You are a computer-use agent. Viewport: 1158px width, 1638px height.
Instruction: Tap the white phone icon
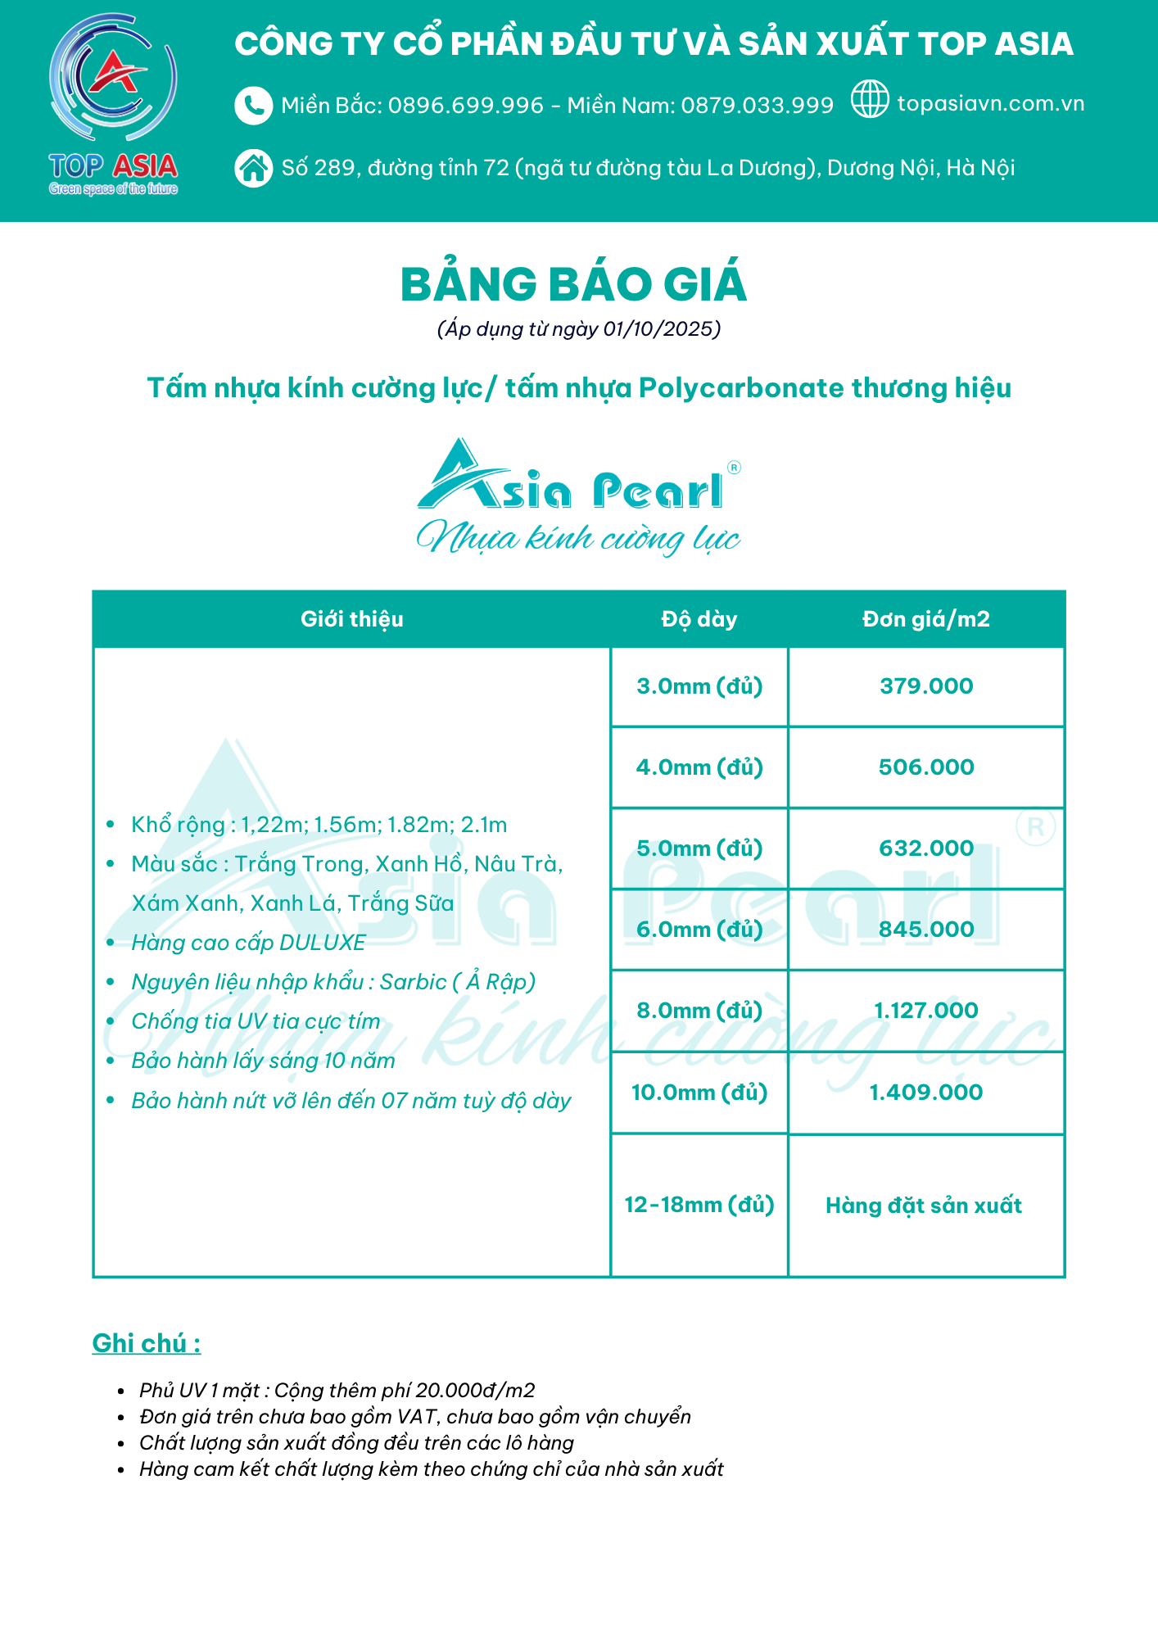[x=253, y=106]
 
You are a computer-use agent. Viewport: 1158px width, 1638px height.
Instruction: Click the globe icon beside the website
[x=869, y=99]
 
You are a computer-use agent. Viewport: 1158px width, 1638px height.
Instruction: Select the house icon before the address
[x=253, y=168]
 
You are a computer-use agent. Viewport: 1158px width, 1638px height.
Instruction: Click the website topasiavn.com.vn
[x=990, y=104]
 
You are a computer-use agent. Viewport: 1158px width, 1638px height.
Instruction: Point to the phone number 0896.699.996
[x=465, y=106]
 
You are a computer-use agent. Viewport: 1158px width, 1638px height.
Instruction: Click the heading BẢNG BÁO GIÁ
[x=573, y=284]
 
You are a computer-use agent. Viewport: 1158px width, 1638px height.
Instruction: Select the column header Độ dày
[x=699, y=619]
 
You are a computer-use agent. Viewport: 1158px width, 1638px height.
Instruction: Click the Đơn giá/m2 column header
[x=925, y=619]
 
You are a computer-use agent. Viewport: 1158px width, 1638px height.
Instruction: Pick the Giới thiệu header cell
[x=351, y=619]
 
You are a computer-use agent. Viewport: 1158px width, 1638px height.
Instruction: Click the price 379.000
[x=925, y=686]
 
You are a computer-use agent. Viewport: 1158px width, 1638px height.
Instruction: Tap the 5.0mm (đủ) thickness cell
[x=699, y=848]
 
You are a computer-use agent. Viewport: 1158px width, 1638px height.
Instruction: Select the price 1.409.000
[x=925, y=1093]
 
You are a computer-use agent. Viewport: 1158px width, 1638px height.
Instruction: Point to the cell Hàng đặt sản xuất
[x=923, y=1206]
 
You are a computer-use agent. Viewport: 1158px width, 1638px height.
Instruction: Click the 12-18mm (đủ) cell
[x=699, y=1205]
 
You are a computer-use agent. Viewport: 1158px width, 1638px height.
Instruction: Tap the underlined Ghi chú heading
[x=146, y=1343]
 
